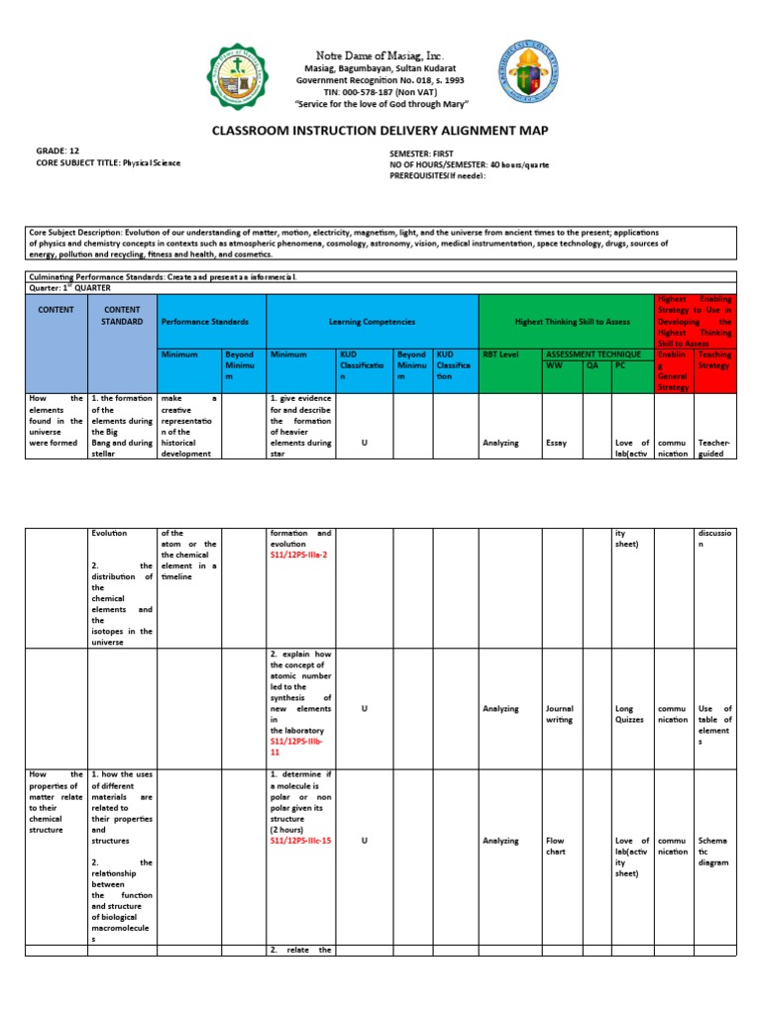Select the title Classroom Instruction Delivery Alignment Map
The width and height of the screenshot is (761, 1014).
pos(380,130)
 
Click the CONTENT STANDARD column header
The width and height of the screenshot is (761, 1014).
pos(122,315)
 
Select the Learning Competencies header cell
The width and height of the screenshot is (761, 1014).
pos(372,322)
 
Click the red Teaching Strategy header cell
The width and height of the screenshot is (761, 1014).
pos(714,359)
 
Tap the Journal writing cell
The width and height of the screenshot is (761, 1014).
pos(560,715)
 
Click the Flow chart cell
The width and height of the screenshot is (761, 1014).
pos(556,847)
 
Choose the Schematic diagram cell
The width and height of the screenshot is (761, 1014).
pos(713,852)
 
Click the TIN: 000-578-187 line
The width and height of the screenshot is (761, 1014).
pos(380,92)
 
